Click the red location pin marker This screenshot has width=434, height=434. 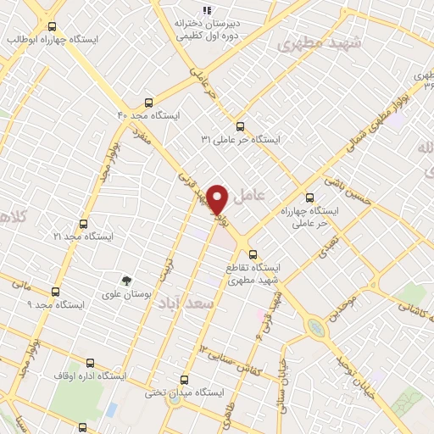coord(219,200)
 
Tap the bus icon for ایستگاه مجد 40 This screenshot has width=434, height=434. coord(150,100)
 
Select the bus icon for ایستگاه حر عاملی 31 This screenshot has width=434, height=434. coord(240,125)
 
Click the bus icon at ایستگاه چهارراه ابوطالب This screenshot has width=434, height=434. coord(53,26)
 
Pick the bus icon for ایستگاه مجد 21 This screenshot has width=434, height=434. coord(82,224)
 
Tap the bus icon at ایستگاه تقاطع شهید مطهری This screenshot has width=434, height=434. coord(253,253)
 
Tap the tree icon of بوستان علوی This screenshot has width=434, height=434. coord(127,280)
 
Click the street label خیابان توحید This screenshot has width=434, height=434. coord(361,374)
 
